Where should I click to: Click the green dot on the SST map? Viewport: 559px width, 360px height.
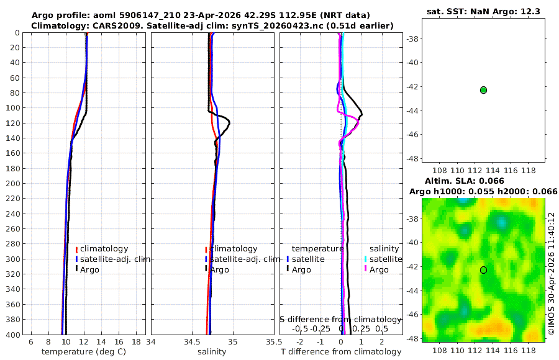pos(483,90)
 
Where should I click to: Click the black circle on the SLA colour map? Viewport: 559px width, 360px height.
pos(483,270)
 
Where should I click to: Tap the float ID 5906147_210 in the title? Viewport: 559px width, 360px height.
pos(150,16)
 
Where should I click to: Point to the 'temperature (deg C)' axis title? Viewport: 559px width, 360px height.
pos(84,352)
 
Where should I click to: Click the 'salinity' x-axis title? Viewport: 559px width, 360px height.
pos(212,352)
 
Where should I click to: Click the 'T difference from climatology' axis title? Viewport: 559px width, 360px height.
pos(341,352)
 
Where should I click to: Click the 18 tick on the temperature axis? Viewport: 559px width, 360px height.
pos(136,342)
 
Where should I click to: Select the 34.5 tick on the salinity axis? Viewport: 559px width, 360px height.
pos(192,342)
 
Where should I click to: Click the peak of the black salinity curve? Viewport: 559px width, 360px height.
pos(229,124)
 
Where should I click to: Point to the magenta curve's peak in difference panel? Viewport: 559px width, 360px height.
pos(358,121)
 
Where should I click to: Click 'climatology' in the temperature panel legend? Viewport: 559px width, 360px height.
pos(104,249)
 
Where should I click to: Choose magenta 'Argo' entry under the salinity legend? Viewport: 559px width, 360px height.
pos(379,270)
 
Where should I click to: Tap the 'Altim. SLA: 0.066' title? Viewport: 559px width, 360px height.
pos(464,181)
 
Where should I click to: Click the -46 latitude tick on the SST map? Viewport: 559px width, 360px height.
pos(413,134)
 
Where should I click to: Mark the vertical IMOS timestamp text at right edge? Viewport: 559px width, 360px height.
pos(552,274)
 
